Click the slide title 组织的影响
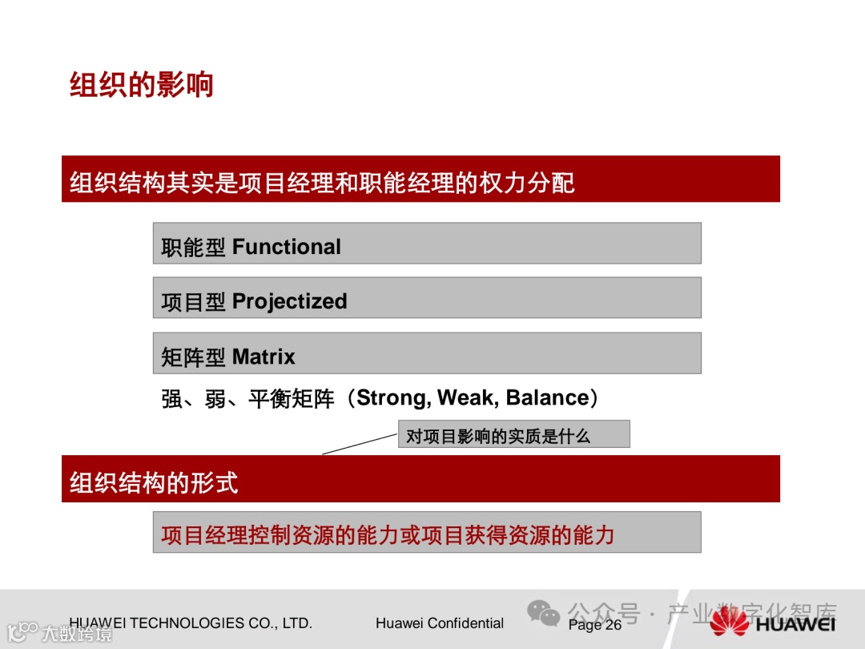pyautogui.click(x=141, y=84)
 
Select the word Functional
pyautogui.click(x=286, y=247)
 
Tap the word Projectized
pyautogui.click(x=290, y=302)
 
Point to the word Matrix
pyautogui.click(x=264, y=357)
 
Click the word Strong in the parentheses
pyautogui.click(x=393, y=398)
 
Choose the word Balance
pyautogui.click(x=548, y=397)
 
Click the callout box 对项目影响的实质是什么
pyautogui.click(x=514, y=434)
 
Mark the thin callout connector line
pyautogui.click(x=360, y=444)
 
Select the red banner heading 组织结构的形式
pyautogui.click(x=154, y=482)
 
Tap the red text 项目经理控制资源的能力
pyautogui.click(x=280, y=534)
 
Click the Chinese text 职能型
pyautogui.click(x=193, y=248)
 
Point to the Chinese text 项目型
pyautogui.click(x=193, y=302)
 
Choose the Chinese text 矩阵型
pyautogui.click(x=193, y=357)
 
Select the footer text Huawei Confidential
pyautogui.click(x=440, y=623)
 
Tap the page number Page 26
pyautogui.click(x=594, y=625)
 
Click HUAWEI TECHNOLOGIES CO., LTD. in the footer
pyautogui.click(x=191, y=623)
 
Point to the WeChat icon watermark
pyautogui.click(x=543, y=613)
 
